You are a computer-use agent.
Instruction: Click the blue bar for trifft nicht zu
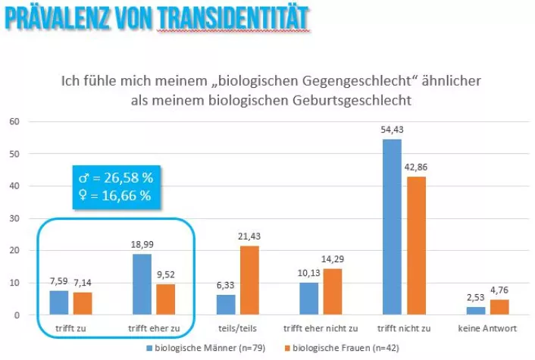(x=393, y=227)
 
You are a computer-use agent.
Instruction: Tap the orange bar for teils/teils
(x=251, y=280)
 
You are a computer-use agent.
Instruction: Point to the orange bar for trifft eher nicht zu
(x=333, y=292)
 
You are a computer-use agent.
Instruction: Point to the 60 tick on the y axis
(x=14, y=121)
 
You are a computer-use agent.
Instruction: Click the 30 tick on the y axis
(x=14, y=218)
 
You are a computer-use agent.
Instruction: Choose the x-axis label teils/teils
(x=233, y=328)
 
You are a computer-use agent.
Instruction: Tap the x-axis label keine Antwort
(x=488, y=328)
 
